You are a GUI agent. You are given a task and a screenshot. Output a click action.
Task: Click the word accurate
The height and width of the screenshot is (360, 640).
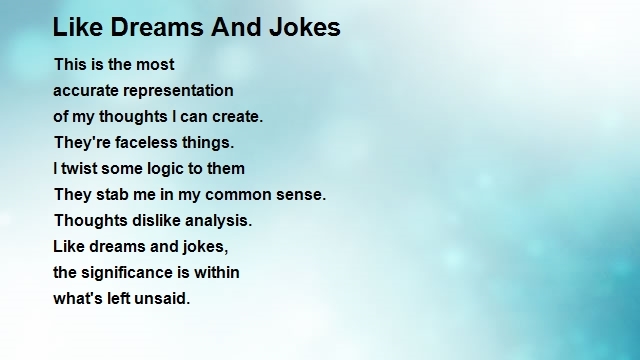pos(86,90)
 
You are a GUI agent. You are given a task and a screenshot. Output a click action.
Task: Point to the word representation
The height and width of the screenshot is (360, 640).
pos(179,90)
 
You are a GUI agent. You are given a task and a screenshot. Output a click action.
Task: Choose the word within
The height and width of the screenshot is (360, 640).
pos(215,272)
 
